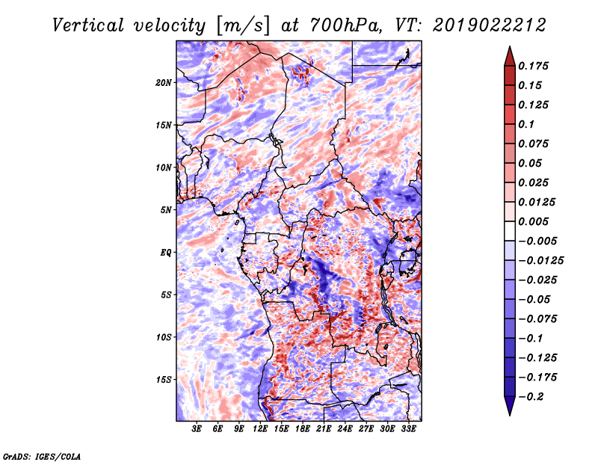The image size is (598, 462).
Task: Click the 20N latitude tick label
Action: tap(164, 83)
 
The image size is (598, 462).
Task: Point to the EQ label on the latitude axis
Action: tap(165, 253)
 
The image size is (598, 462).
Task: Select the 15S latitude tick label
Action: tap(164, 380)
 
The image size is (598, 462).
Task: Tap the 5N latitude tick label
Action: tap(166, 210)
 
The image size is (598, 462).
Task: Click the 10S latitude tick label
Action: tap(164, 337)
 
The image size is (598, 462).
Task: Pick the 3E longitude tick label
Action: tap(197, 429)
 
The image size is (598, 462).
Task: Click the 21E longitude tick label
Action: tap(324, 429)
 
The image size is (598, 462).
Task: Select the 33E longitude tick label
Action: tap(408, 429)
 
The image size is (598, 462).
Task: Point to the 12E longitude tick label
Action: tap(260, 429)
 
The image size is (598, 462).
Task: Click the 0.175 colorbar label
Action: tap(533, 66)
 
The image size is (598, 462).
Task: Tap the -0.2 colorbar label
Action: tap(531, 397)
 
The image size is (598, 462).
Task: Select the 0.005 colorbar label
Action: tap(533, 221)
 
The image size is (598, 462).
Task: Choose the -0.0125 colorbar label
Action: tap(540, 261)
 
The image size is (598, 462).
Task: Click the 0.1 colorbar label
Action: tap(526, 124)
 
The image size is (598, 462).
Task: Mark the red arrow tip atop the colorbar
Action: tap(510, 46)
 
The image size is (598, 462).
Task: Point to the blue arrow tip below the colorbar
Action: tap(510, 415)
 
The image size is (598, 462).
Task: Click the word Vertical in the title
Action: tap(88, 25)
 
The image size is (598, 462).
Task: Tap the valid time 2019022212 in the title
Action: tap(490, 25)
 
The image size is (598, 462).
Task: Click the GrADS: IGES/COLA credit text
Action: tap(42, 457)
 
